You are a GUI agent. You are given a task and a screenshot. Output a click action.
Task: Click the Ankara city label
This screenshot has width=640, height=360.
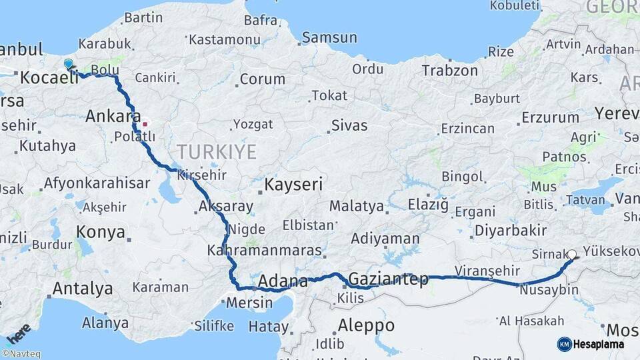pyautogui.click(x=113, y=117)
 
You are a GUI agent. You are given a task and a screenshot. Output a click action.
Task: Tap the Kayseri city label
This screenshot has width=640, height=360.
pyautogui.click(x=293, y=185)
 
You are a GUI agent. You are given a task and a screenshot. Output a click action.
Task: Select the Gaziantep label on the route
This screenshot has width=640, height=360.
pyautogui.click(x=388, y=279)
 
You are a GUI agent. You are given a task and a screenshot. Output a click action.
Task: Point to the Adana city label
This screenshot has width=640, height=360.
pyautogui.click(x=283, y=281)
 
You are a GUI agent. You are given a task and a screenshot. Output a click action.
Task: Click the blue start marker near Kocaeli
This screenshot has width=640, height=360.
pyautogui.click(x=69, y=64)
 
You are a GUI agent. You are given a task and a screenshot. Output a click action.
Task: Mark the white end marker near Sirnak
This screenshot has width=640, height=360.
pyautogui.click(x=572, y=254)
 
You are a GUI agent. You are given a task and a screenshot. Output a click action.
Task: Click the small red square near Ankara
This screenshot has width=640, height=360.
pyautogui.click(x=145, y=124)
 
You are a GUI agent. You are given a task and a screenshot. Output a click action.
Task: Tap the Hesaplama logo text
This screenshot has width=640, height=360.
pyautogui.click(x=599, y=344)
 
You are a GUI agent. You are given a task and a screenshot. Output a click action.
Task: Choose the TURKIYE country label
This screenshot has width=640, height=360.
pyautogui.click(x=216, y=152)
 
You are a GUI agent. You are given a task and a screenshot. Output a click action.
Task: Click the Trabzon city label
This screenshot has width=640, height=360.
pyautogui.click(x=449, y=70)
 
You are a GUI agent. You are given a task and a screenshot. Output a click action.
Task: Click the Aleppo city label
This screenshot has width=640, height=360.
pyautogui.click(x=366, y=326)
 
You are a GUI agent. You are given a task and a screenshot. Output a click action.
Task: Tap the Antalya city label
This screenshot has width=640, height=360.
pyautogui.click(x=82, y=289)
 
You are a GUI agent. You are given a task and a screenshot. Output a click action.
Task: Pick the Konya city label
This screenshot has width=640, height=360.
pyautogui.click(x=101, y=232)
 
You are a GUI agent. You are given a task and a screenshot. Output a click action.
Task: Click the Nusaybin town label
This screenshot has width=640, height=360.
pyautogui.click(x=549, y=290)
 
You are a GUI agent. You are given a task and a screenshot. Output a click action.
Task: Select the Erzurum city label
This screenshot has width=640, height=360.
pyautogui.click(x=550, y=117)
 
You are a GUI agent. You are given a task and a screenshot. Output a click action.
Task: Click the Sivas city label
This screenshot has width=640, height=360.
pyautogui.click(x=349, y=125)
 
